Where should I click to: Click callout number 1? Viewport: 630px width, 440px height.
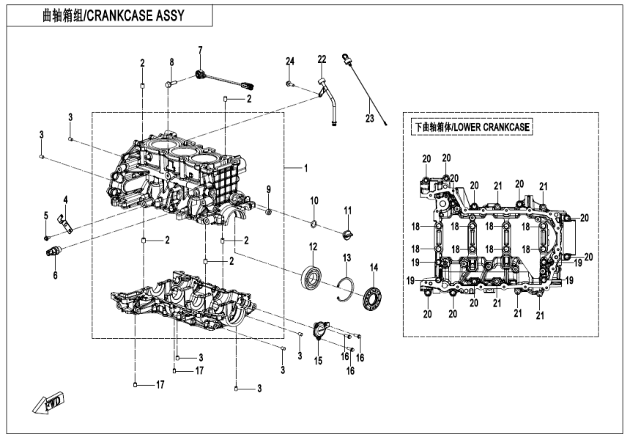[x=306, y=169]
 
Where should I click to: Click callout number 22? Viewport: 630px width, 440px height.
[x=322, y=59]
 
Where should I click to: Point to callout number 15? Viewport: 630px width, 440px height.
[x=318, y=359]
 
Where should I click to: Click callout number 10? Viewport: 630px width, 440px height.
[x=314, y=200]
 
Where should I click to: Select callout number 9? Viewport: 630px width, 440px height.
[x=268, y=190]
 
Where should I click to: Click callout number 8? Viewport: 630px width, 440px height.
[x=172, y=62]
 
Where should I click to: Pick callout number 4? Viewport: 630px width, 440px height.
[x=65, y=199]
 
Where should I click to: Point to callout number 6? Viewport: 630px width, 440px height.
[x=53, y=275]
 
